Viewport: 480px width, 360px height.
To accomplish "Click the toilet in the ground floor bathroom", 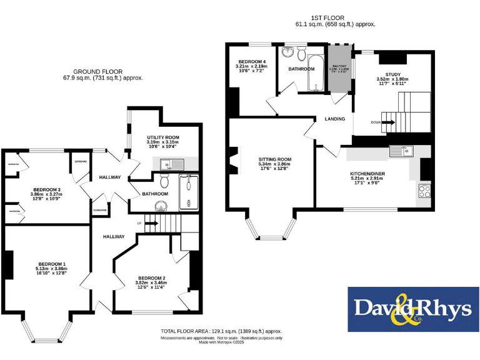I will pyautogui.click(x=164, y=181).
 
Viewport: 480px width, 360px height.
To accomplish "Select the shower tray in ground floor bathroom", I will pyautogui.click(x=187, y=192).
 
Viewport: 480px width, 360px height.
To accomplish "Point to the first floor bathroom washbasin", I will pyautogui.click(x=289, y=52).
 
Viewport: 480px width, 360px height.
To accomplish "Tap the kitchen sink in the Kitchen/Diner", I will pyautogui.click(x=399, y=151).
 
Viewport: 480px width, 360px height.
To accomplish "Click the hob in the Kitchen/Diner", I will pyautogui.click(x=424, y=191).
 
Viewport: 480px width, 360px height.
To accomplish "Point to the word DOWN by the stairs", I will pyautogui.click(x=376, y=122).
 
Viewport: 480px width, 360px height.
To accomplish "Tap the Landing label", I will pyautogui.click(x=334, y=119).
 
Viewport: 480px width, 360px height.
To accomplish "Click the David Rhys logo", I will pyautogui.click(x=412, y=309).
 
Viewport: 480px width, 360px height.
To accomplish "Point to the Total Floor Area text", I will pyautogui.click(x=221, y=331).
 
